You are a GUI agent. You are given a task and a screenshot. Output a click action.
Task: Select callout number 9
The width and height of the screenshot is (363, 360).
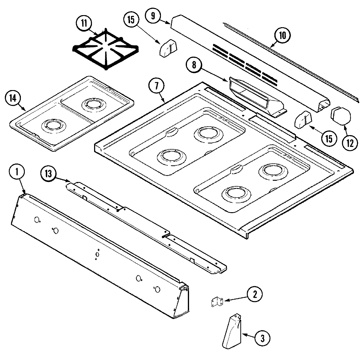[153, 16]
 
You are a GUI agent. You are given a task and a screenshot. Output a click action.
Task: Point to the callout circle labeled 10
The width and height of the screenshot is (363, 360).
[282, 36]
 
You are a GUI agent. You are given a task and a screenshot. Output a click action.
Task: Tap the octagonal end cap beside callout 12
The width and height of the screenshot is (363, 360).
[341, 116]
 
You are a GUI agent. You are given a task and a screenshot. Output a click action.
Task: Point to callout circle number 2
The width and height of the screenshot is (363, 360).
[255, 294]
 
